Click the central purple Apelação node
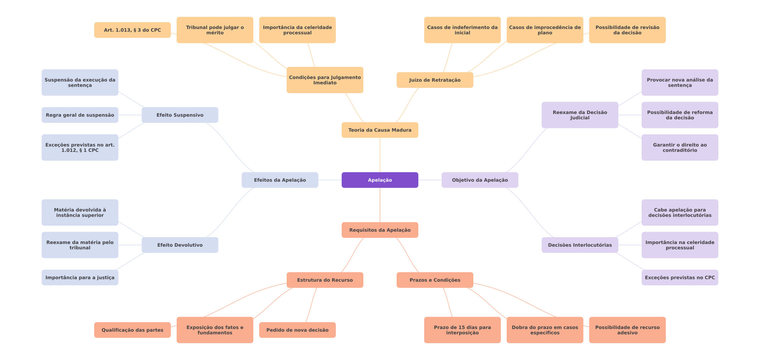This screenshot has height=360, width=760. point(380,180)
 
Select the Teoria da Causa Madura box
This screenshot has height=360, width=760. point(380,130)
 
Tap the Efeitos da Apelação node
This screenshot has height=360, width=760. point(280,180)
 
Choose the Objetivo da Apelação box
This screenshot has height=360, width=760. point(480,180)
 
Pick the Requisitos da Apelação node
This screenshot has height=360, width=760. point(380,230)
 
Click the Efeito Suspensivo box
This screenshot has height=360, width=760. point(180,115)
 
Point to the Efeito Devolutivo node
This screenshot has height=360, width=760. point(180,245)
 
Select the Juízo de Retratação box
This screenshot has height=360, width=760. point(435,80)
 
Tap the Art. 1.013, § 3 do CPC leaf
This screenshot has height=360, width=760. point(132,30)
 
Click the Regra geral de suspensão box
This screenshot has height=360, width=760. point(80,115)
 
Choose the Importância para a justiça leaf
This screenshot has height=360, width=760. point(80,277)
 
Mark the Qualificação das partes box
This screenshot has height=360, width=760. point(132,330)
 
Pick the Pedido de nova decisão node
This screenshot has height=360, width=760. point(297,330)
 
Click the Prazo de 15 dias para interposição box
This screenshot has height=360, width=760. point(462,330)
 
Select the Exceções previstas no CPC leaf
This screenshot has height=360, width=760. point(680,277)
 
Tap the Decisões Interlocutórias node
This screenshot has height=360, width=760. point(580,245)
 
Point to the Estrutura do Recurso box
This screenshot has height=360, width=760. point(325,280)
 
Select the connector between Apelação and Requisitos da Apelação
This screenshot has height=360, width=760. point(380,205)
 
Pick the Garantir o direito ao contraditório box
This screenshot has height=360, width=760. point(680,147)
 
